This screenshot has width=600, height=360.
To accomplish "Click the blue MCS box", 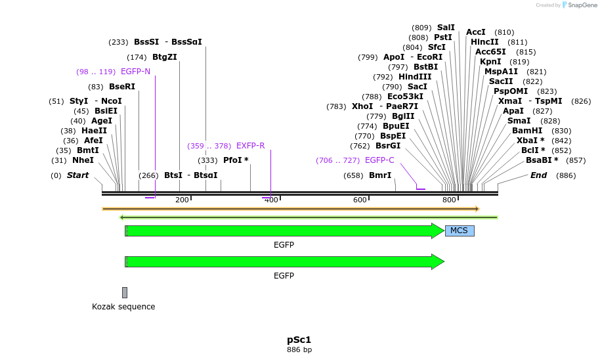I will point(460,231).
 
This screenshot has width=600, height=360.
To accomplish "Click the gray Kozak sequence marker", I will point(125,292).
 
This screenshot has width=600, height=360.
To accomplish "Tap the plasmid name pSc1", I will point(299,340).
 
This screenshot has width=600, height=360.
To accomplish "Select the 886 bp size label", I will point(299,349).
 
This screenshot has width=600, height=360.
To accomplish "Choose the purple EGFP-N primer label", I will point(135,72).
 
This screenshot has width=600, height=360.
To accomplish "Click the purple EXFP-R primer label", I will point(250,146).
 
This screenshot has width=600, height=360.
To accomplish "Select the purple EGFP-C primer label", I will point(379,160).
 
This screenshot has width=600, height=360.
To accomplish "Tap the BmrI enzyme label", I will point(380,175).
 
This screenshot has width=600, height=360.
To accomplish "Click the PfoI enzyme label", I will point(236,160).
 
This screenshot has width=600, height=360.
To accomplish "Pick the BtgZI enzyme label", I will point(165,57).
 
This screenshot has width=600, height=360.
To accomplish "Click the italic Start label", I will point(77,175).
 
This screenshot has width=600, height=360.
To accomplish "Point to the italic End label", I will point(538,175).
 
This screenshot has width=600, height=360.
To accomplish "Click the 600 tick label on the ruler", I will point(360,200).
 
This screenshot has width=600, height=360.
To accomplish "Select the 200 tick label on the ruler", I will point(182,200).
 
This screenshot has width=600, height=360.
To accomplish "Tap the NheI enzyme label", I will point(83,160).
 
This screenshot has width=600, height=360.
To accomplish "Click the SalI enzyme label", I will point(446,28).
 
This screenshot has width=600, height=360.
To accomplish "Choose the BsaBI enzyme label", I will point(542,160).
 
